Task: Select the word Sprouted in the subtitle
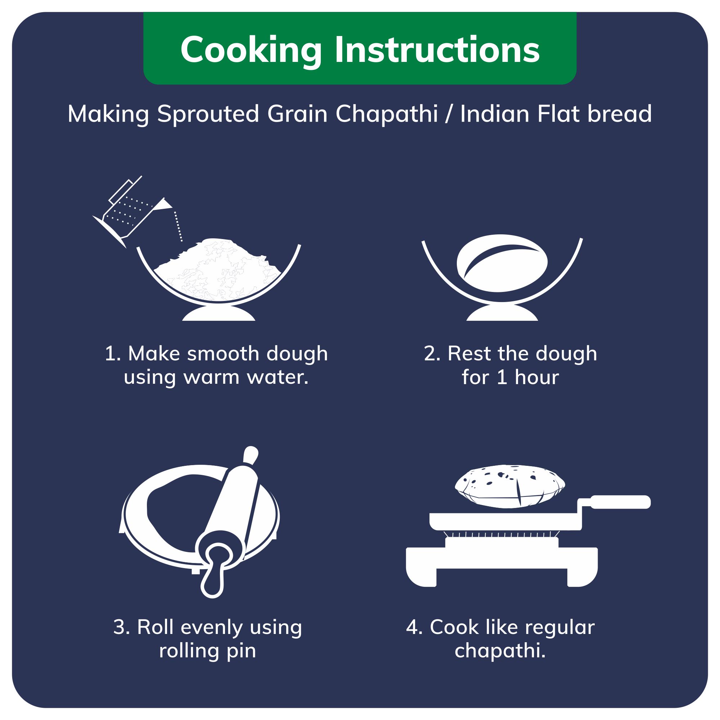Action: click(208, 114)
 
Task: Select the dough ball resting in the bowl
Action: click(502, 263)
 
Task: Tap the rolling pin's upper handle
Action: click(251, 455)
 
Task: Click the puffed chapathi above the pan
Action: click(509, 486)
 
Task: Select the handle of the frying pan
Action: click(620, 501)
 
